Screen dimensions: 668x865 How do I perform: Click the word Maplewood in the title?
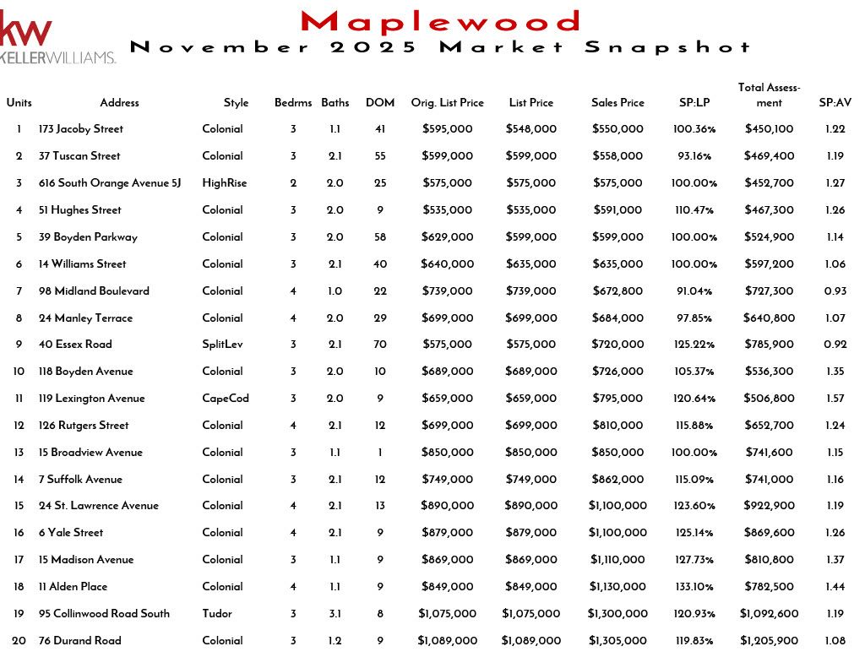pyautogui.click(x=440, y=21)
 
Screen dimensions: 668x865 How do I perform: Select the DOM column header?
pyautogui.click(x=380, y=103)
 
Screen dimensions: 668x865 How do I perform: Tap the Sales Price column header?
pyautogui.click(x=617, y=103)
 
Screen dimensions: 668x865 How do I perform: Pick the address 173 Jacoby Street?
pyautogui.click(x=81, y=129)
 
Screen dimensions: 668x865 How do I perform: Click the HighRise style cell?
pyautogui.click(x=225, y=183)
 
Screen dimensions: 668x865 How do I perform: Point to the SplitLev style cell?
pyautogui.click(x=222, y=345)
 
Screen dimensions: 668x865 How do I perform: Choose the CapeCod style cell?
pyautogui.click(x=226, y=399)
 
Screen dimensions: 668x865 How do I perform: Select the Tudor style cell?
pyautogui.click(x=217, y=614)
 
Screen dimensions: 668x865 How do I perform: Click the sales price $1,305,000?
pyautogui.click(x=618, y=641)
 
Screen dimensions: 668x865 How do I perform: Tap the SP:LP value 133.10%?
pyautogui.click(x=695, y=587)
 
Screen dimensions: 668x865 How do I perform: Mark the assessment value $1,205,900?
pyautogui.click(x=769, y=641)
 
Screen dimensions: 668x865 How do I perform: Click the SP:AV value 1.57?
pyautogui.click(x=835, y=399)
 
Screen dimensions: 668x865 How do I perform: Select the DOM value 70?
pyautogui.click(x=380, y=345)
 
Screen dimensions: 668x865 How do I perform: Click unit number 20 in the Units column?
pyautogui.click(x=19, y=641)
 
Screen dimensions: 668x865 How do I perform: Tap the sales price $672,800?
pyautogui.click(x=617, y=291)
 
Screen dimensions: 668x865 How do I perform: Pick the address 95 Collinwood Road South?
pyautogui.click(x=104, y=614)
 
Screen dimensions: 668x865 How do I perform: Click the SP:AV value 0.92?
pyautogui.click(x=835, y=345)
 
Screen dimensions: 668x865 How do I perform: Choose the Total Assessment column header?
pyautogui.click(x=769, y=95)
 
